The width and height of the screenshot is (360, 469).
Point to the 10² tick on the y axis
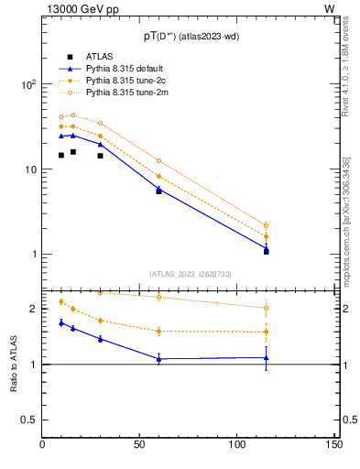click(x=27, y=84)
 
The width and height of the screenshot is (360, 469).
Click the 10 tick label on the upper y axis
click(x=29, y=169)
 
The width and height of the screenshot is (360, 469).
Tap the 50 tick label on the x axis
click(x=139, y=445)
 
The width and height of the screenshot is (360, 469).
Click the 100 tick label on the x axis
click(x=237, y=445)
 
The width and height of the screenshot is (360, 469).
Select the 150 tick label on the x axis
click(x=334, y=445)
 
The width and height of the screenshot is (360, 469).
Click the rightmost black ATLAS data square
click(x=266, y=251)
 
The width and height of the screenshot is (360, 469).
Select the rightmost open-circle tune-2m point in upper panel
click(x=266, y=225)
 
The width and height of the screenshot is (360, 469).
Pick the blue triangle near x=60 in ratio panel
click(x=159, y=359)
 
